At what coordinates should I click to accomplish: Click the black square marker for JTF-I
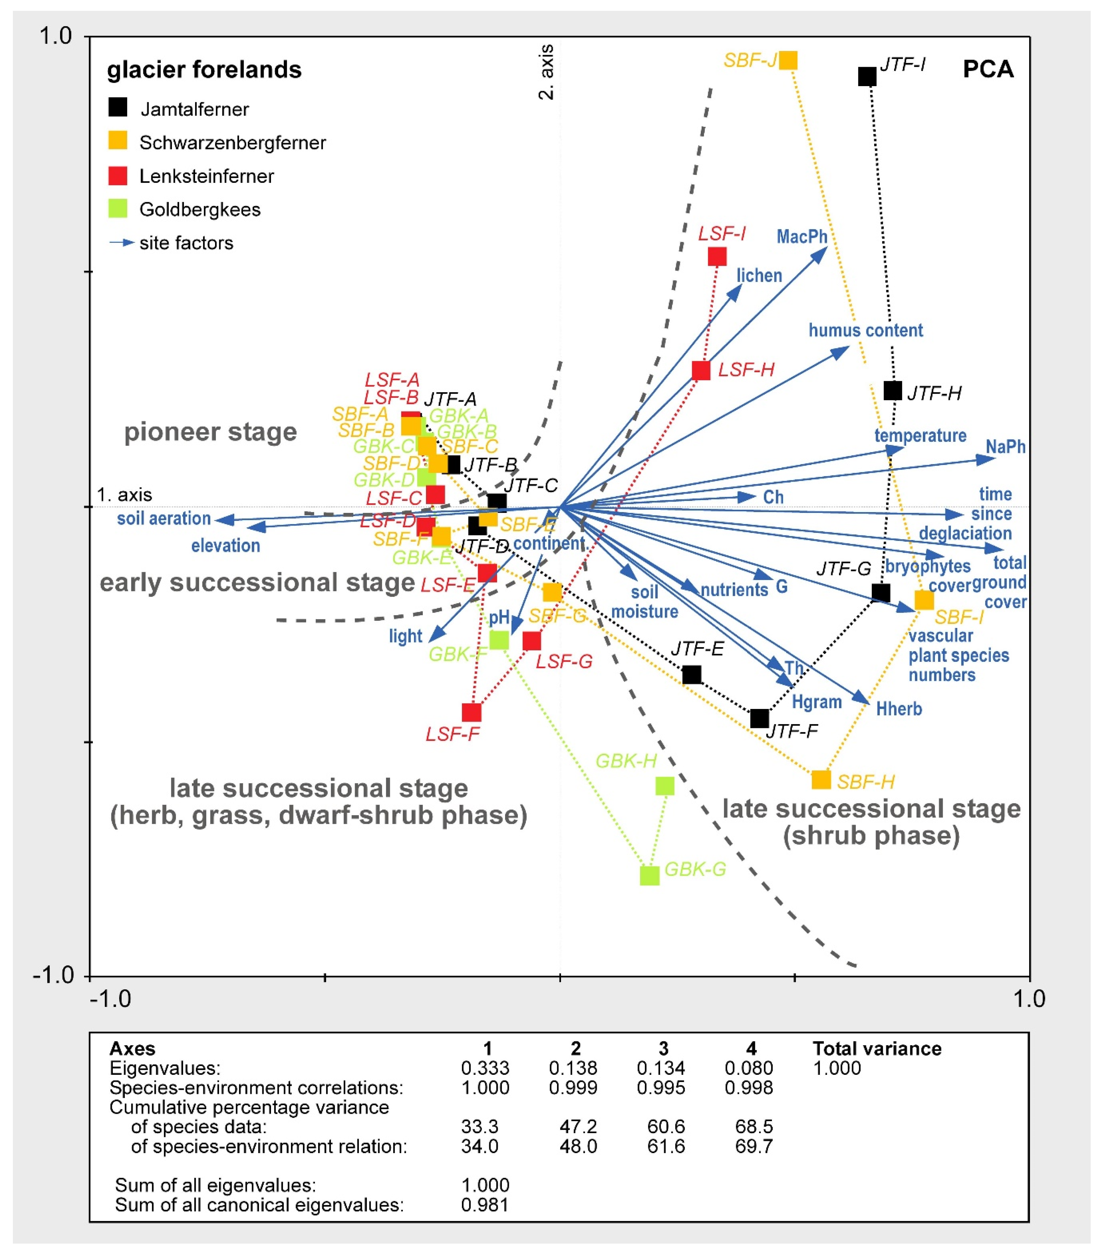point(867,77)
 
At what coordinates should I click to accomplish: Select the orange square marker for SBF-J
point(788,60)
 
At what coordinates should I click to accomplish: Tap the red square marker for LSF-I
point(717,256)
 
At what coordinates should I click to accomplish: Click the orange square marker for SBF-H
point(821,780)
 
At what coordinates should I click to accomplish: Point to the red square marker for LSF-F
point(471,712)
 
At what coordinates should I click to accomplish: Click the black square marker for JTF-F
point(759,718)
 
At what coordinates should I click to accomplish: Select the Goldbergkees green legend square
point(117,209)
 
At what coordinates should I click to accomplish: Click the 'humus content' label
point(865,330)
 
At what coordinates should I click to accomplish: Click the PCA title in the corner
point(988,69)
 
